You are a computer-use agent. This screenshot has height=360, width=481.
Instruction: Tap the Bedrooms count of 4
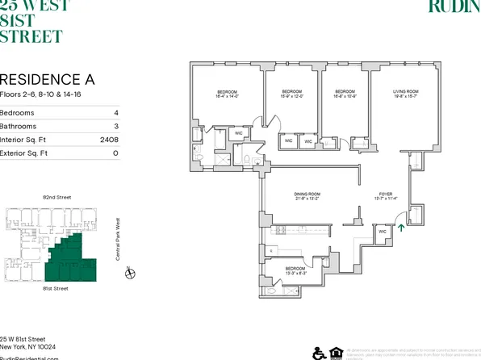(x=116, y=112)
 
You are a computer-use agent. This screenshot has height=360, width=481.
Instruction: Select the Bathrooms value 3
(x=116, y=126)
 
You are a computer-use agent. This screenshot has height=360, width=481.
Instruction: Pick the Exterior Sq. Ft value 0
(x=116, y=152)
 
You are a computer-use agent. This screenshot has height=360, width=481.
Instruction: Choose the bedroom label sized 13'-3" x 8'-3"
(x=295, y=270)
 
